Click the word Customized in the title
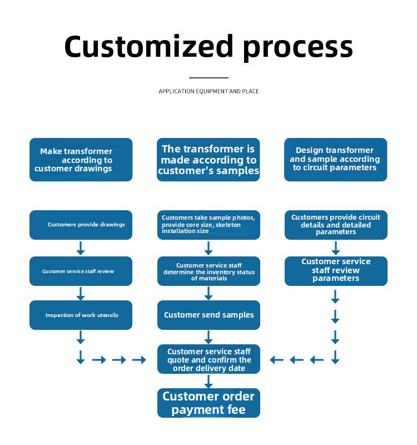148,46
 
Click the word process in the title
298,48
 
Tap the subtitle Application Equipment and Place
209,91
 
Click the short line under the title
209,77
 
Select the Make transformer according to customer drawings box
81,160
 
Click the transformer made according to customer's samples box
208,160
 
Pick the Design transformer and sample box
336,160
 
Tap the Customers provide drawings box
81,225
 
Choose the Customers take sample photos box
209,225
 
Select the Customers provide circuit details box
336,225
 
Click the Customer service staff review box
81,271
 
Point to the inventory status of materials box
209,271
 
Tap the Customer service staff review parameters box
336,271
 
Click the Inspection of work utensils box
81,315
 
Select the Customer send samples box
209,315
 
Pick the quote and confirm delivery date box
209,359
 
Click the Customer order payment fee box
209,403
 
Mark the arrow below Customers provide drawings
81,248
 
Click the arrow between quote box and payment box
209,382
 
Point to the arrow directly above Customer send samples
209,293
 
